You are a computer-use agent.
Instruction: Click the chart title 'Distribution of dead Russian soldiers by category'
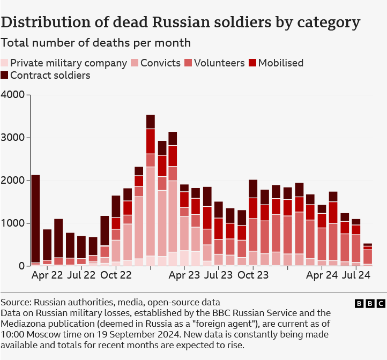coord(180,22)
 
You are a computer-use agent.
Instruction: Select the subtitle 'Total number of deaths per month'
coord(95,42)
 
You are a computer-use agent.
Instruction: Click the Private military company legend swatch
coord(5,63)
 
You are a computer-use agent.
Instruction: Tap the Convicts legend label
coord(160,63)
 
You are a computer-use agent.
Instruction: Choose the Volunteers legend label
coord(219,63)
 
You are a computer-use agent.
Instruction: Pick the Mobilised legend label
coord(280,63)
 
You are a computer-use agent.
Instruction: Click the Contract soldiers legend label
coord(50,76)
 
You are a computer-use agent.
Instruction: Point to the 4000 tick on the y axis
coord(13,95)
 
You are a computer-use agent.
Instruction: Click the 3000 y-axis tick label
coord(13,138)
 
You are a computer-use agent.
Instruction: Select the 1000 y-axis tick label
coord(13,223)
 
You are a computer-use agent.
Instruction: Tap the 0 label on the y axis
coord(21,266)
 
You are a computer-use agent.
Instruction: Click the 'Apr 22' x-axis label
coord(48,275)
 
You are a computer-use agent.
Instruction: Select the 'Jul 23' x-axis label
coord(219,275)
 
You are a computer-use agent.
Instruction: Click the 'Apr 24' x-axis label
coord(322,275)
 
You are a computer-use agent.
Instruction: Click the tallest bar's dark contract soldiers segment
coord(151,122)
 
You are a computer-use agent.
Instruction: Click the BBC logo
coord(370,304)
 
